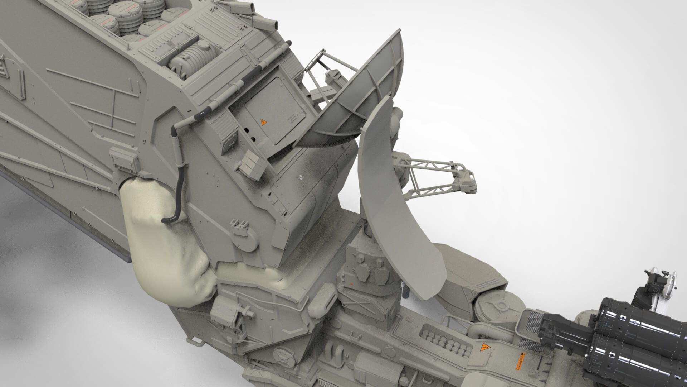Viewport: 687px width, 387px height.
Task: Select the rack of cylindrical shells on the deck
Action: coord(444,339)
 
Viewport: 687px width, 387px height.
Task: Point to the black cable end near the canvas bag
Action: coord(165,220)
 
